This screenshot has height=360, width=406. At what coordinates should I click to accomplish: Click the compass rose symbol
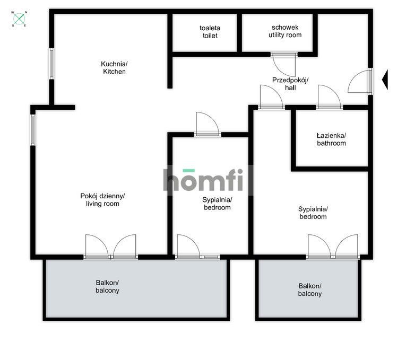[19, 19]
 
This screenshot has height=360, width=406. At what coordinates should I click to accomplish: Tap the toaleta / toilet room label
[210, 32]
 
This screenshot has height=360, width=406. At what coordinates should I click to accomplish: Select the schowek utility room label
[285, 31]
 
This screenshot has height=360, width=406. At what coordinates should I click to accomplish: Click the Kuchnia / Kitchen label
[114, 68]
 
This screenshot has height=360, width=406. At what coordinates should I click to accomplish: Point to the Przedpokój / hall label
[290, 84]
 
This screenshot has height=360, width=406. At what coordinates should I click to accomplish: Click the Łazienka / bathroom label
[331, 139]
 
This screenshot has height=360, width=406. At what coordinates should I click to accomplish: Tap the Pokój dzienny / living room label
[102, 200]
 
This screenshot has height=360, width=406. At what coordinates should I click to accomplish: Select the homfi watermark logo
[203, 180]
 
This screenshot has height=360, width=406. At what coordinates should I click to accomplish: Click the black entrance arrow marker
[385, 80]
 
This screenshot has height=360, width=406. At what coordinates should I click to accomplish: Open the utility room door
[284, 65]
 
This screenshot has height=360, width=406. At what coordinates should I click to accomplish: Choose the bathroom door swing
[329, 96]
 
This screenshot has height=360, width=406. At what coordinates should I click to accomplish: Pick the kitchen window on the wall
[52, 64]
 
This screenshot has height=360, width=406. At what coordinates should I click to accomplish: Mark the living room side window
[33, 130]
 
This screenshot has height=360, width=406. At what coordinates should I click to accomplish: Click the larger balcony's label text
[107, 286]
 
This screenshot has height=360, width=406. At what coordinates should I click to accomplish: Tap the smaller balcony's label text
[310, 290]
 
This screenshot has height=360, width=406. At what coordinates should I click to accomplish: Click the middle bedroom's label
[217, 204]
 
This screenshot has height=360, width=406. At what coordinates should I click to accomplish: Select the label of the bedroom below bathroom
[313, 213]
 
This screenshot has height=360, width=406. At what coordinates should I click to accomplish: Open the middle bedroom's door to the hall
[208, 124]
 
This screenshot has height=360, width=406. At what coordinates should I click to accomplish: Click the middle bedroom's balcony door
[188, 246]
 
